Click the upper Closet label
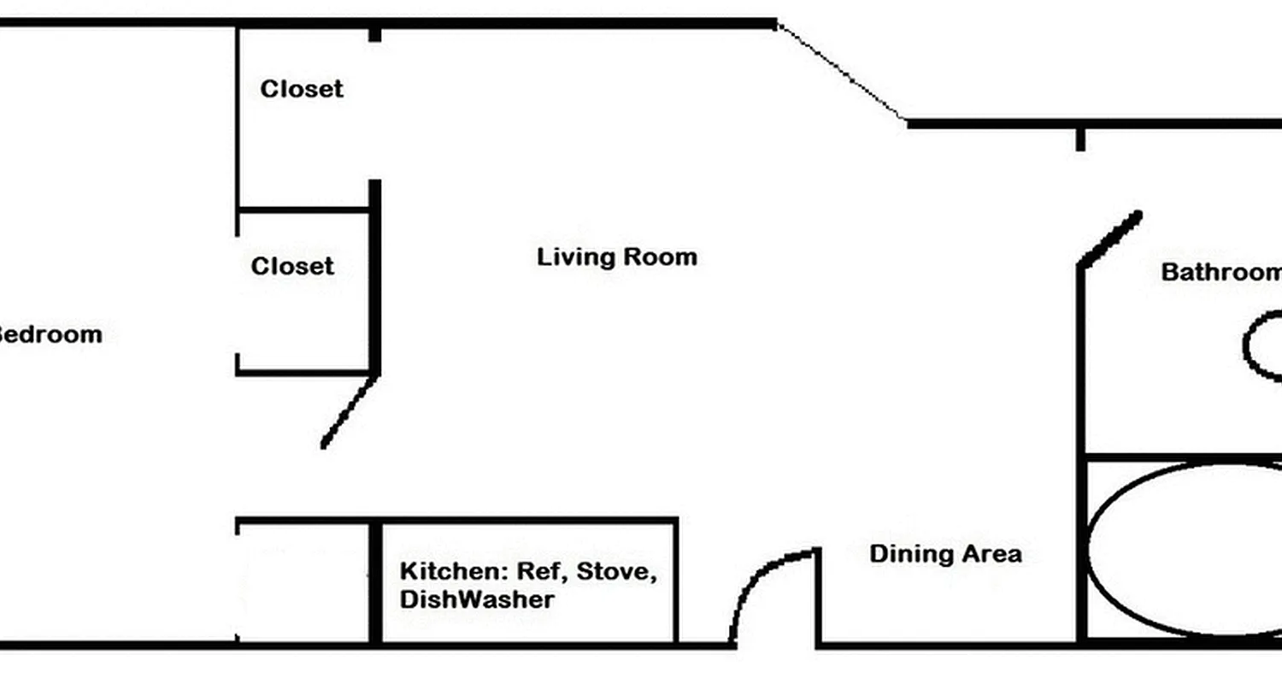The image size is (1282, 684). (x=302, y=89)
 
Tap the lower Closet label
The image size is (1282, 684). (x=292, y=266)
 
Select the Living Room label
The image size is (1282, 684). (x=616, y=256)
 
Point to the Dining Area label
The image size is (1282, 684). (x=945, y=553)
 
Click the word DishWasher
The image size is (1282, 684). (x=476, y=599)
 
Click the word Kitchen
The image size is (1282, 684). (x=442, y=571)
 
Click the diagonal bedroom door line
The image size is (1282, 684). (x=349, y=411)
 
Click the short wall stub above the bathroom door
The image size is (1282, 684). (x=1080, y=139)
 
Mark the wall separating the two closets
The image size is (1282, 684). (x=303, y=209)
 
